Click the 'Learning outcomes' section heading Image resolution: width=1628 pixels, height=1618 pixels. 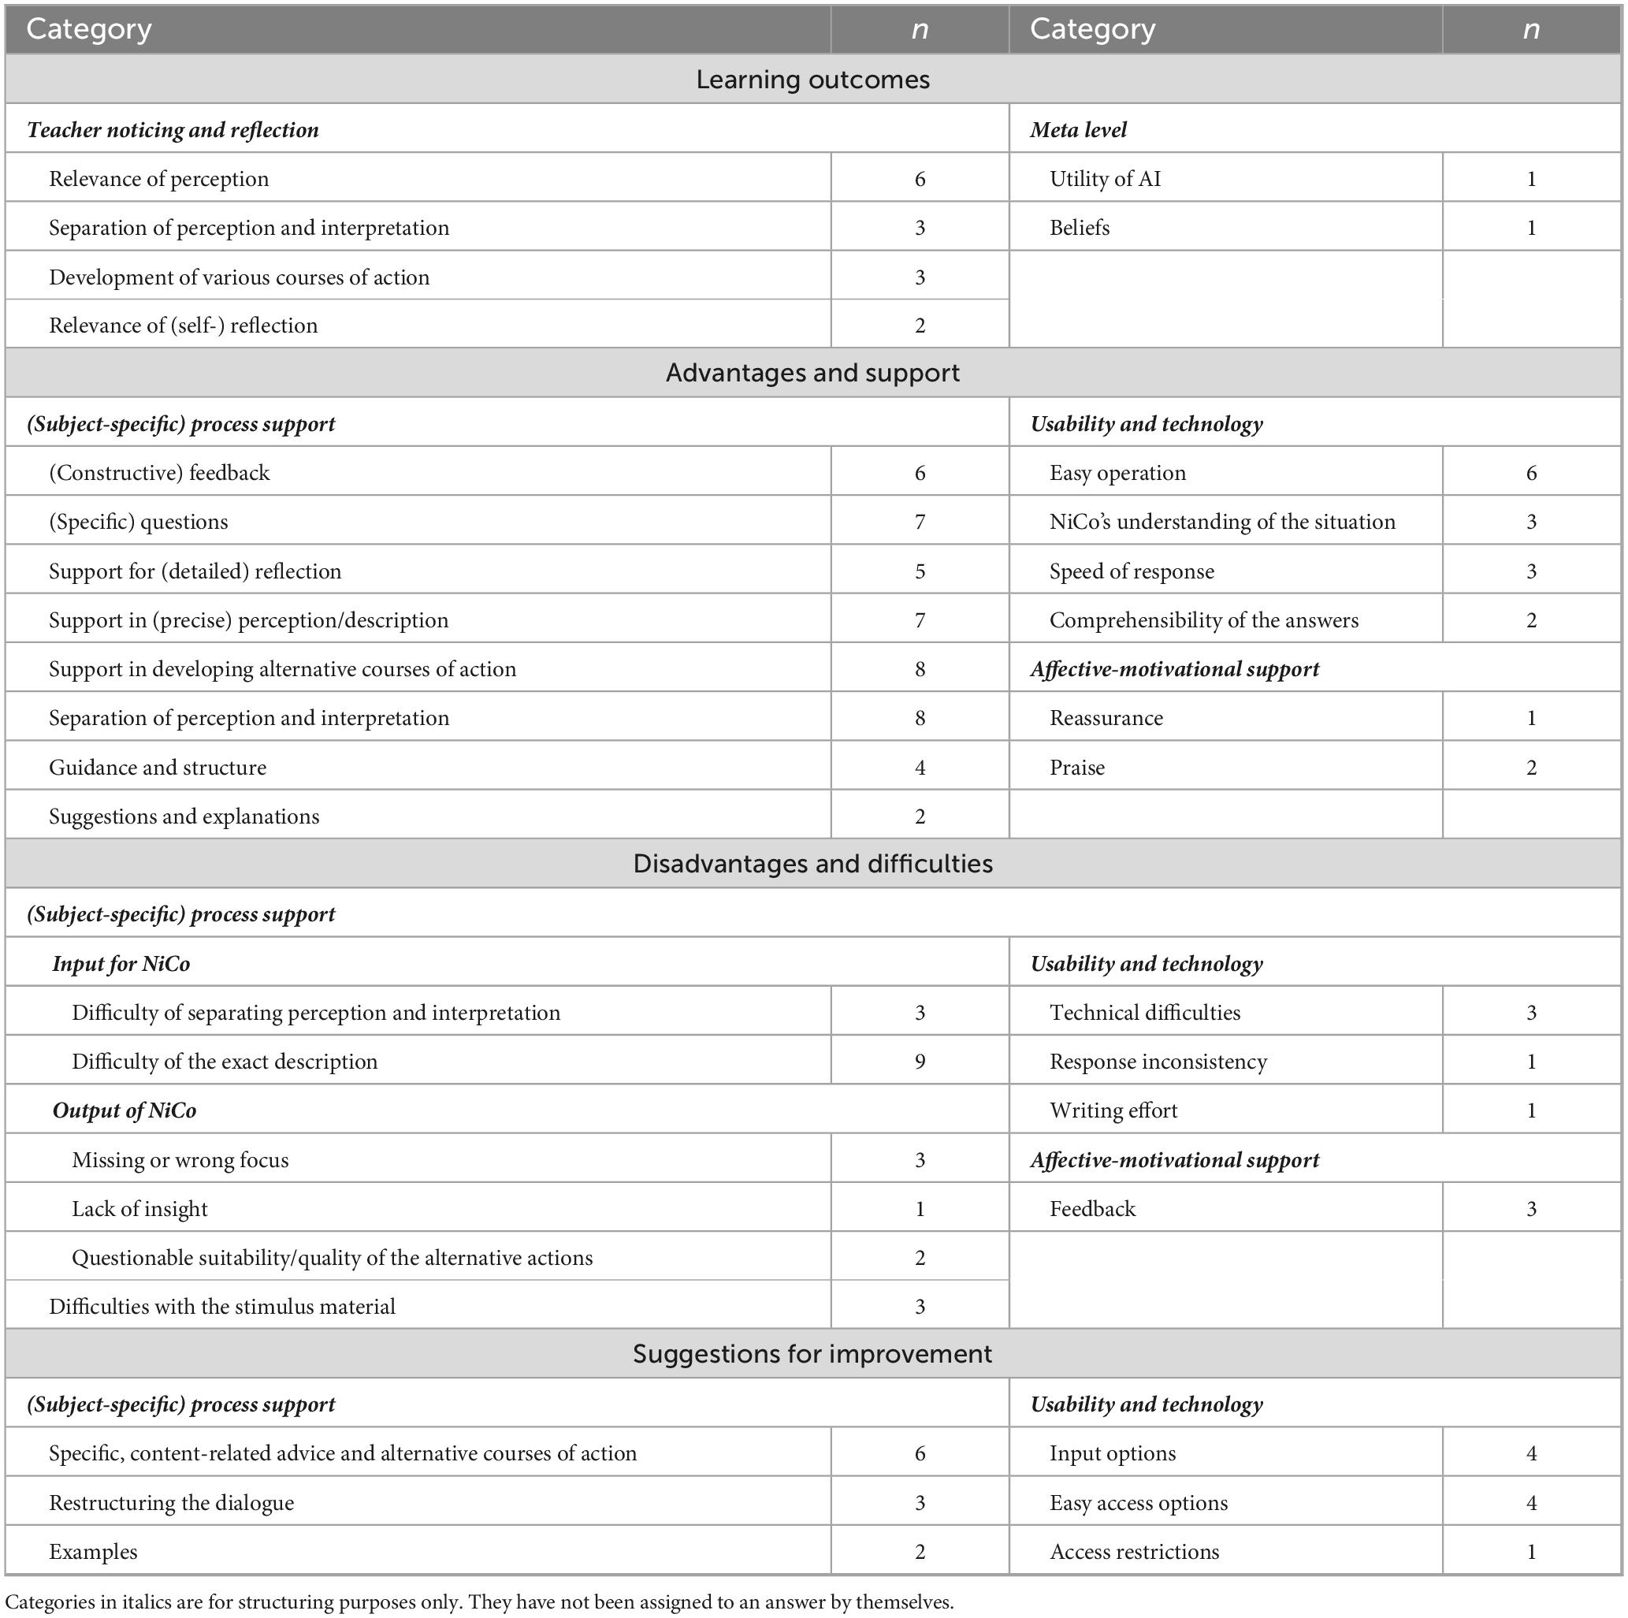(812, 80)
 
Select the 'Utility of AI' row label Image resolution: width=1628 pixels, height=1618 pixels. (1105, 179)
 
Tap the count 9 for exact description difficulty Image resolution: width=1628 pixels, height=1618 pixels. (920, 1061)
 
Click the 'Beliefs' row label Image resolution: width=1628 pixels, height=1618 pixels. (1080, 228)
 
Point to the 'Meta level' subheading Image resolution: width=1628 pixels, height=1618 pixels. (1078, 130)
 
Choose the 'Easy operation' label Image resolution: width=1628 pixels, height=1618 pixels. (1117, 473)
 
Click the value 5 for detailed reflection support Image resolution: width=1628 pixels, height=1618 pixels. (920, 571)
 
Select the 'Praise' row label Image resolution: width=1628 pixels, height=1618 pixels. (1077, 767)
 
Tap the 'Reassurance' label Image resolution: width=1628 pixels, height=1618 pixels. (1106, 718)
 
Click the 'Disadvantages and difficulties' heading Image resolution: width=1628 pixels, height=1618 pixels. (812, 864)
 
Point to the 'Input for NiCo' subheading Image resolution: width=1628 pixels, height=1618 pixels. (121, 963)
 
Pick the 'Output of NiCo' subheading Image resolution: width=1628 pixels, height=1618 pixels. (125, 1110)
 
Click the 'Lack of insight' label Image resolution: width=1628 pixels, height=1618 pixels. (140, 1208)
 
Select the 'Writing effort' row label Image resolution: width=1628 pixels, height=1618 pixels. (1113, 1110)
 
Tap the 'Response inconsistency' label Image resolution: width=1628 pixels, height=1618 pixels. (1158, 1061)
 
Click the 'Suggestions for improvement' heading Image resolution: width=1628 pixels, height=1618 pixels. (812, 1353)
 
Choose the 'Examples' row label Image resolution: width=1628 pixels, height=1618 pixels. (93, 1552)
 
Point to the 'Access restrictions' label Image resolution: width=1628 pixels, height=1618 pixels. (1134, 1552)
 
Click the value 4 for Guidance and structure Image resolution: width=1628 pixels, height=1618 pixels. (920, 767)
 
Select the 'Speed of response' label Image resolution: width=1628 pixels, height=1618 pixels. (1132, 571)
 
